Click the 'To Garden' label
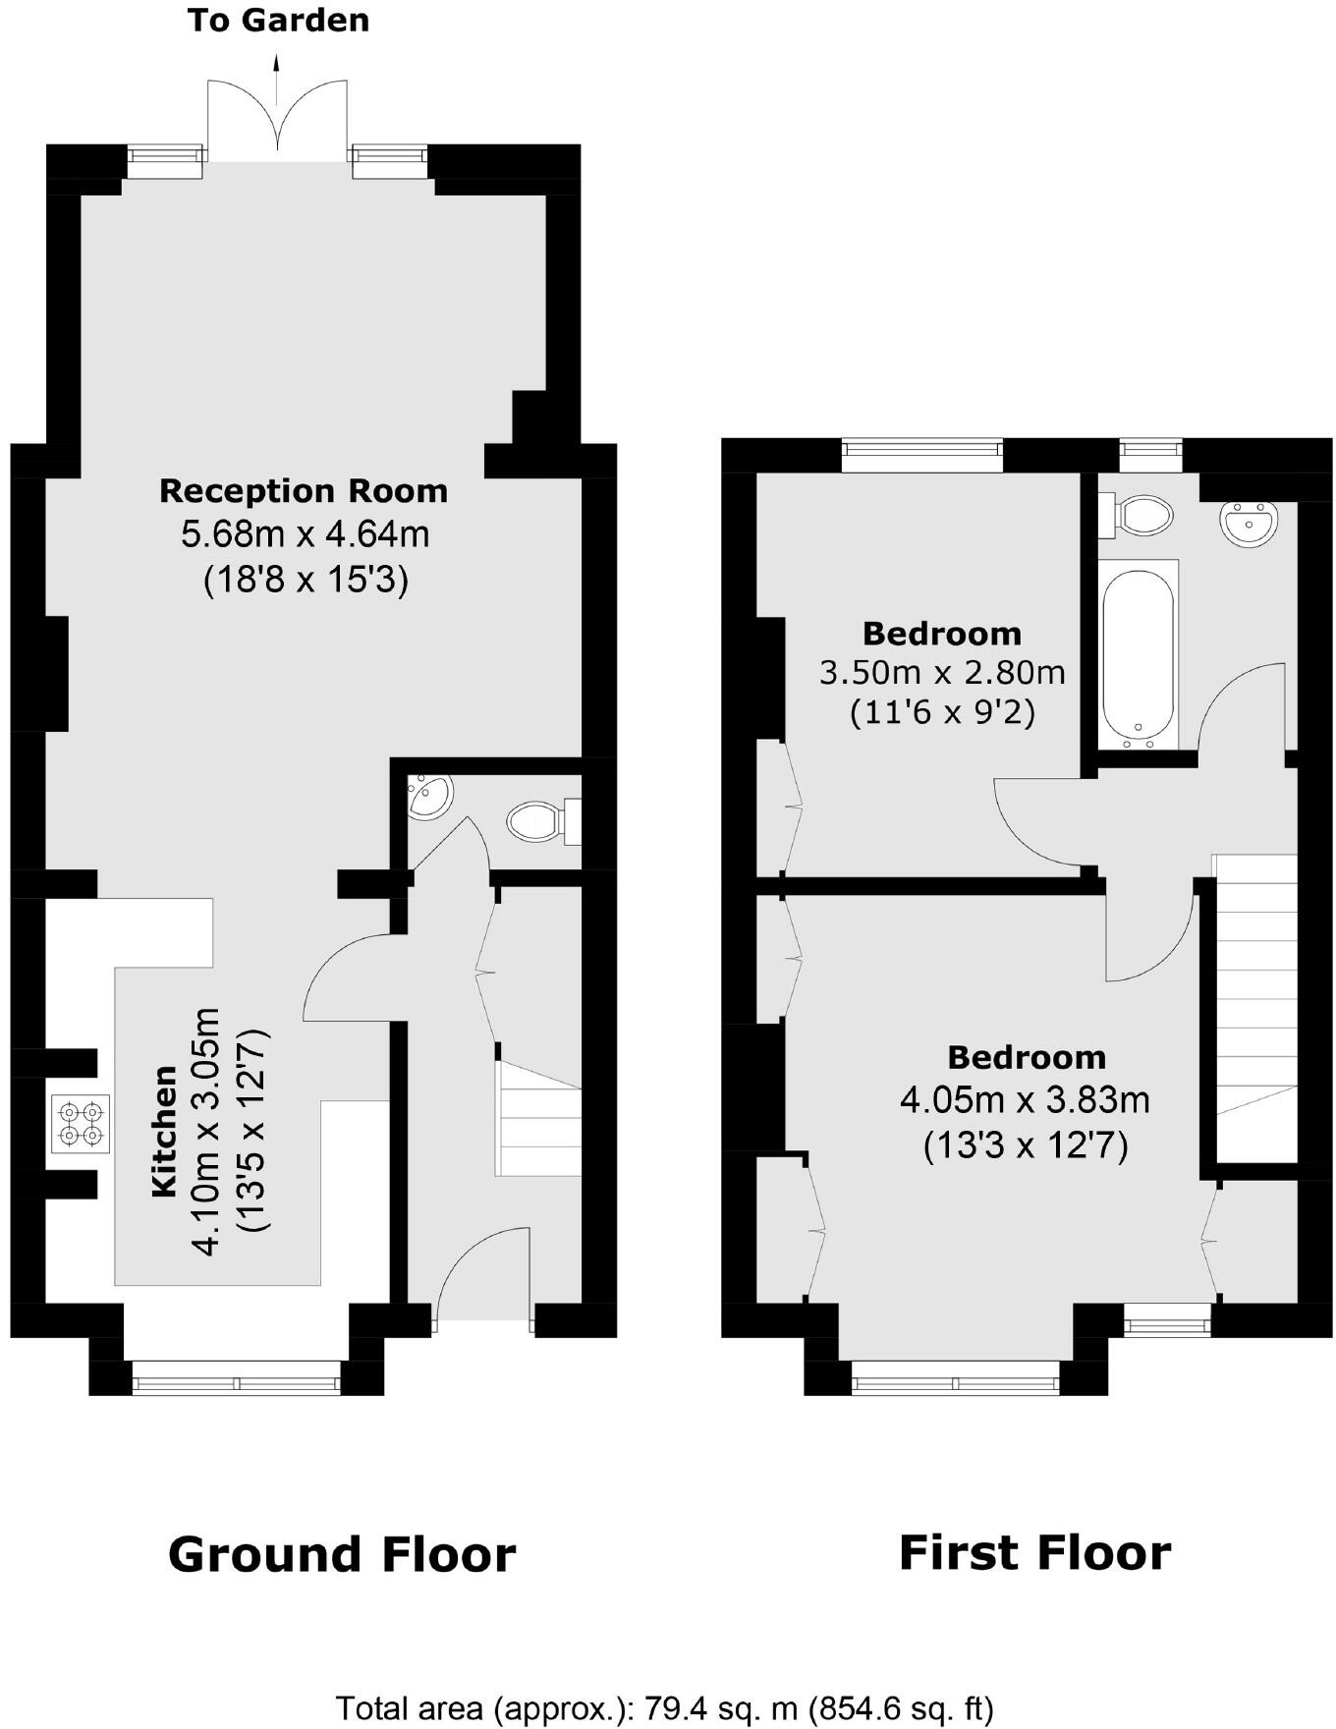[278, 21]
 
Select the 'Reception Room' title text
[304, 490]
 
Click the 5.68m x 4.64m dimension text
[306, 535]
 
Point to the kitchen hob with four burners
[81, 1124]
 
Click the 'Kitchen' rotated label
[164, 1131]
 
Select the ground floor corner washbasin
[429, 797]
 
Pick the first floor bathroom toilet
[1140, 515]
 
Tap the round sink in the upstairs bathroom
[1250, 522]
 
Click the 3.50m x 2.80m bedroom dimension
[942, 673]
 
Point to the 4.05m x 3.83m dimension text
[1025, 1100]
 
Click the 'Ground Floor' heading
[342, 1554]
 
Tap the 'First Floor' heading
[1034, 1552]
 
